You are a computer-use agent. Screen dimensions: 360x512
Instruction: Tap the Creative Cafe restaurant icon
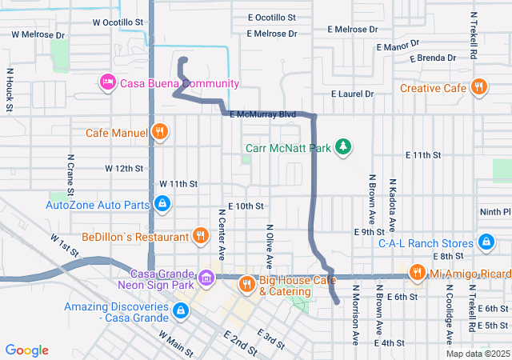(x=479, y=87)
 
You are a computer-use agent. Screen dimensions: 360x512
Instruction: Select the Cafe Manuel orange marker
(x=160, y=132)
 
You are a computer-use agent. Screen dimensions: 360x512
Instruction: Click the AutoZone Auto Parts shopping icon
(x=162, y=205)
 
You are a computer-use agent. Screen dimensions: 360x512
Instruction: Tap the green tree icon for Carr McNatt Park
(x=343, y=146)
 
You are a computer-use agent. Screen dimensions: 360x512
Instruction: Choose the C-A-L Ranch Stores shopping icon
(x=485, y=242)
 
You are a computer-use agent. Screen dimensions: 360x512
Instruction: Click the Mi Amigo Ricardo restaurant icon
(x=417, y=274)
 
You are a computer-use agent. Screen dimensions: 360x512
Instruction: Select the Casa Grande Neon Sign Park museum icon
(x=207, y=277)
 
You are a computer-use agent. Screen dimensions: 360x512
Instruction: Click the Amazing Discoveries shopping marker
(x=182, y=309)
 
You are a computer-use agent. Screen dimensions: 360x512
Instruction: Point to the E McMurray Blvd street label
(x=262, y=115)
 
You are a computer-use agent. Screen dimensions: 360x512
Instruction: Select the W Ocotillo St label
(x=118, y=22)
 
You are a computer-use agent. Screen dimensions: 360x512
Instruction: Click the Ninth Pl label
(x=494, y=212)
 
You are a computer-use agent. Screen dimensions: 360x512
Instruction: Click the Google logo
(x=27, y=350)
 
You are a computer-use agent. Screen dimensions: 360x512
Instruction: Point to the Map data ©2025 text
(x=477, y=354)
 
